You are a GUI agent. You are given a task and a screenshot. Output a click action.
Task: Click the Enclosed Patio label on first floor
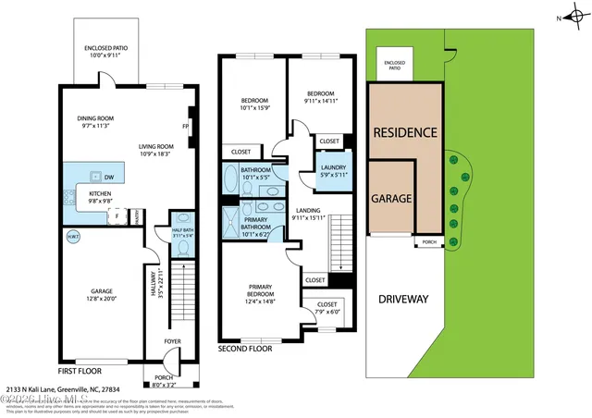[105, 49]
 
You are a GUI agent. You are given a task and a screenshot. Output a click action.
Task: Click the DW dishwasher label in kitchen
[110, 176]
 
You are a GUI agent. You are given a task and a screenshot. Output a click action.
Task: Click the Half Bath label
[182, 230]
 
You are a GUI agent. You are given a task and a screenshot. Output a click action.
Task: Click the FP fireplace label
[186, 127]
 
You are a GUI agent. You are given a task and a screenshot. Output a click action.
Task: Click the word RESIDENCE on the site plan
[404, 132]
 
